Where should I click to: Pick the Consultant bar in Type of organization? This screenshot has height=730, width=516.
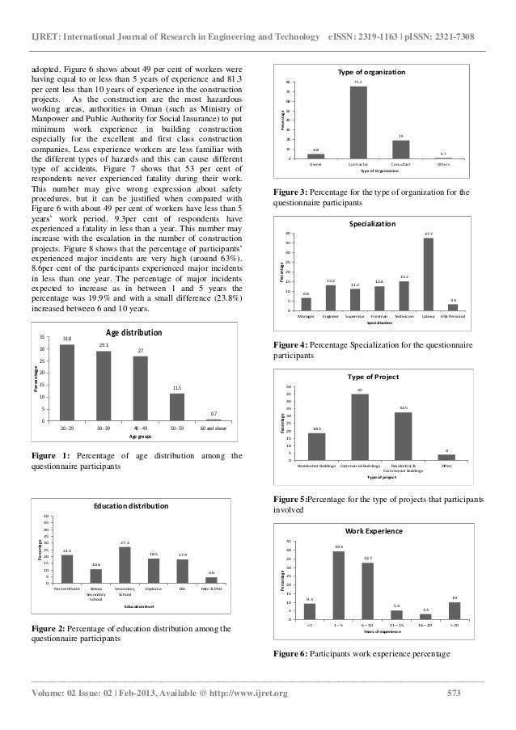point(400,150)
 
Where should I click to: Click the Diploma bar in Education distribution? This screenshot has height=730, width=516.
point(154,570)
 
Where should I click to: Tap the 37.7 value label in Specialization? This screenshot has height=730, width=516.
point(428,234)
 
